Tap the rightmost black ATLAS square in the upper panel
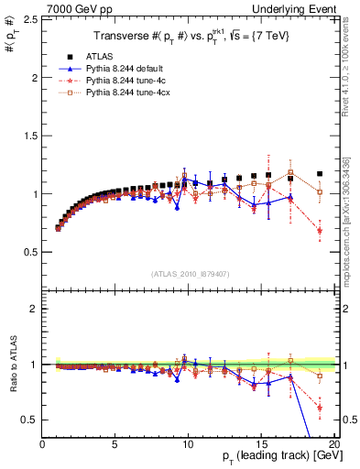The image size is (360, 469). pyautogui.click(x=320, y=173)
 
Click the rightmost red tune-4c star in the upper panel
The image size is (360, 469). pyautogui.click(x=320, y=231)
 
